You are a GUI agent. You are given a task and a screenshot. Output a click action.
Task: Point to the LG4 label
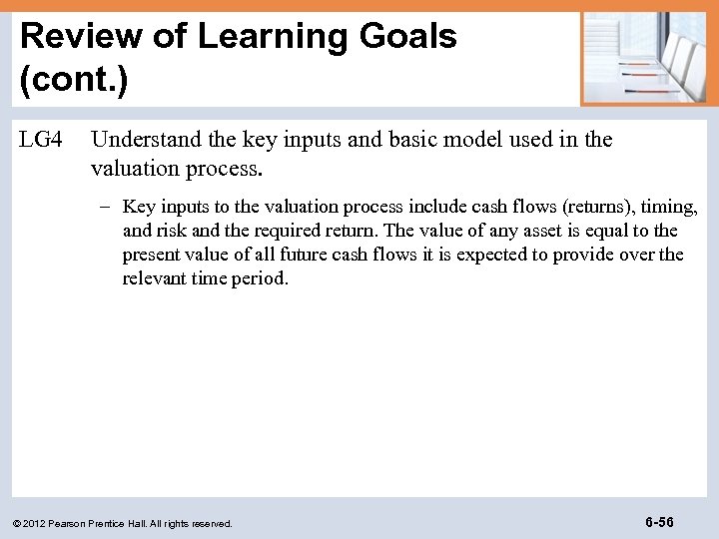tap(41, 140)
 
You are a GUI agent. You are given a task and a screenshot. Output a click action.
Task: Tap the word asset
tap(576, 231)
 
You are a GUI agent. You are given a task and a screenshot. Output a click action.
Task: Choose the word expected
tap(494, 255)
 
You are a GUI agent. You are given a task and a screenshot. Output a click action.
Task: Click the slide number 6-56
tap(659, 522)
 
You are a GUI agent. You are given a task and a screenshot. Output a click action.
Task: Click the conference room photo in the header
tap(644, 58)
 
